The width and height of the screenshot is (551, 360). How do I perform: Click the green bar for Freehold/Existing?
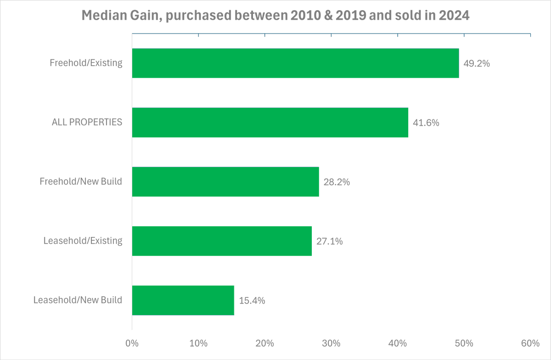click(x=295, y=63)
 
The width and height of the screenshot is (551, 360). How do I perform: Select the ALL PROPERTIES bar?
click(x=270, y=122)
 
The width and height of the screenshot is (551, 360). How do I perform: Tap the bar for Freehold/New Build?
click(x=225, y=181)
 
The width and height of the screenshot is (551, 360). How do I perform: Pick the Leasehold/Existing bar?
click(x=222, y=241)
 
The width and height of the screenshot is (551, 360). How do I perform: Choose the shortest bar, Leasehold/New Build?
click(x=183, y=300)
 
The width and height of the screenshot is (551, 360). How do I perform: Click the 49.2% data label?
click(x=477, y=63)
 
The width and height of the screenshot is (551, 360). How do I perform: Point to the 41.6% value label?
click(x=426, y=123)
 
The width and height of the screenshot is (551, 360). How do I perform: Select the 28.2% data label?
click(x=337, y=182)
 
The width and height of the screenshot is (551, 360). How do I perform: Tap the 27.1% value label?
click(x=329, y=241)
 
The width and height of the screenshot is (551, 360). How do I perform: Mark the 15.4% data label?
click(x=252, y=301)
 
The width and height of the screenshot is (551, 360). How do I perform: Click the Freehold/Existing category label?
click(x=86, y=63)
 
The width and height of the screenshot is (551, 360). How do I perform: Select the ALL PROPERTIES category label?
click(x=87, y=122)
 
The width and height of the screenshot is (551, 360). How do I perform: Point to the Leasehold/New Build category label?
click(x=78, y=300)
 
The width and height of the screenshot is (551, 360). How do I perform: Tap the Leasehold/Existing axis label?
click(x=83, y=241)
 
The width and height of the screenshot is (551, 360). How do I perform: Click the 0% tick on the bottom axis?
click(x=132, y=343)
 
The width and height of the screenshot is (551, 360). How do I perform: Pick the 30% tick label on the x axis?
click(x=331, y=343)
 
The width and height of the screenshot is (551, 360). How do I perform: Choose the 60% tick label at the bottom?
click(x=530, y=343)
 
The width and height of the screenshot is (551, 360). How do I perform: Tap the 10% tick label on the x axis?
click(x=198, y=343)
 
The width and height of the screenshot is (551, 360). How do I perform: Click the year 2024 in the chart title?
click(x=454, y=16)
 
